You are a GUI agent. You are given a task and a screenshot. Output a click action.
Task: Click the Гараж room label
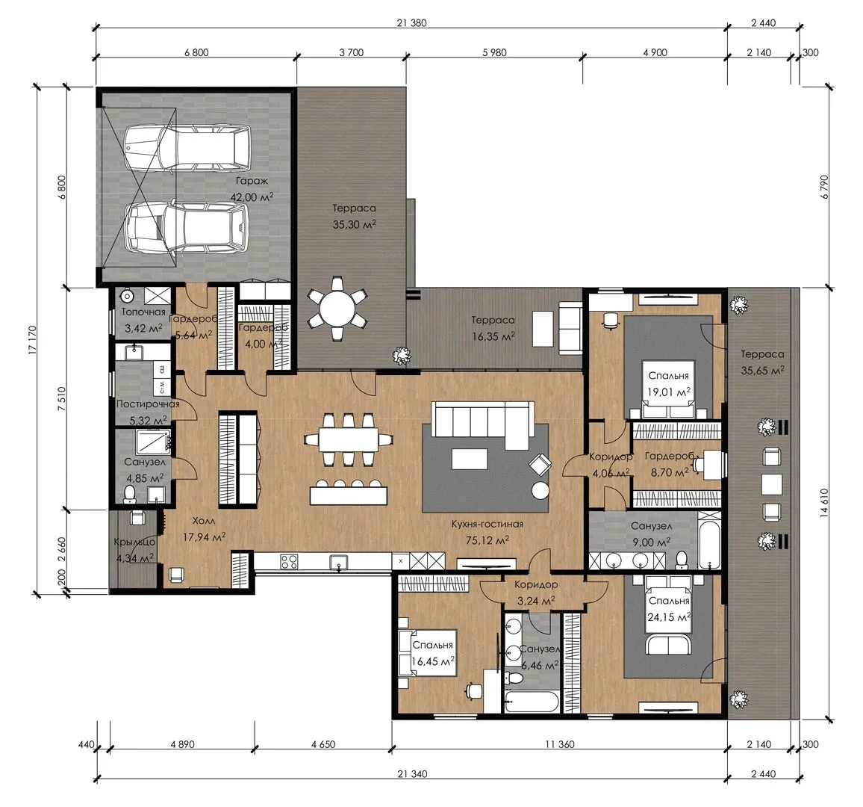point(252,181)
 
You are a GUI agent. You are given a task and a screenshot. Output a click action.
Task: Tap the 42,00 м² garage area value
point(252,197)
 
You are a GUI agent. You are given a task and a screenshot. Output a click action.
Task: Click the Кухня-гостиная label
point(487,524)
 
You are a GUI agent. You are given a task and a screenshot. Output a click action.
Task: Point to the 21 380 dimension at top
point(411,23)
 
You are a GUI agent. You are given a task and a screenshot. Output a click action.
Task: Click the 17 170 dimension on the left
point(32,341)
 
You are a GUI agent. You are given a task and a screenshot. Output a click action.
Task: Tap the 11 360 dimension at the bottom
point(560,744)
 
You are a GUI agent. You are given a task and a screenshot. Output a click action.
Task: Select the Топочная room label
point(143,312)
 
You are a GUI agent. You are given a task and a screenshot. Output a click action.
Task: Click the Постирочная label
point(148,403)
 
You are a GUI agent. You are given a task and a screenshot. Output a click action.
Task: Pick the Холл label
point(204,521)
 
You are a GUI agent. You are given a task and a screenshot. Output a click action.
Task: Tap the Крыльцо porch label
point(135,542)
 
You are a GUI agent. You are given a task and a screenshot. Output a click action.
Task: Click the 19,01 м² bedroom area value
point(669,392)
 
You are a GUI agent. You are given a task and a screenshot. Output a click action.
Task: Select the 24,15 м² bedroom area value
point(669,617)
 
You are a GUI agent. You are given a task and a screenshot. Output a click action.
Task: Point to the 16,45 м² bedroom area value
point(432,661)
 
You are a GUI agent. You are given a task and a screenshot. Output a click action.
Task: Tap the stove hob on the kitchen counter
point(290,561)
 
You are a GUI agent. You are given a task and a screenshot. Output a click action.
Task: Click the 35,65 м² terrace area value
point(762,370)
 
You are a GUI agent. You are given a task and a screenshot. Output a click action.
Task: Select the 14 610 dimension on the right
point(824,503)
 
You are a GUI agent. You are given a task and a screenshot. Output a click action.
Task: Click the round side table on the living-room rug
point(540,489)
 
